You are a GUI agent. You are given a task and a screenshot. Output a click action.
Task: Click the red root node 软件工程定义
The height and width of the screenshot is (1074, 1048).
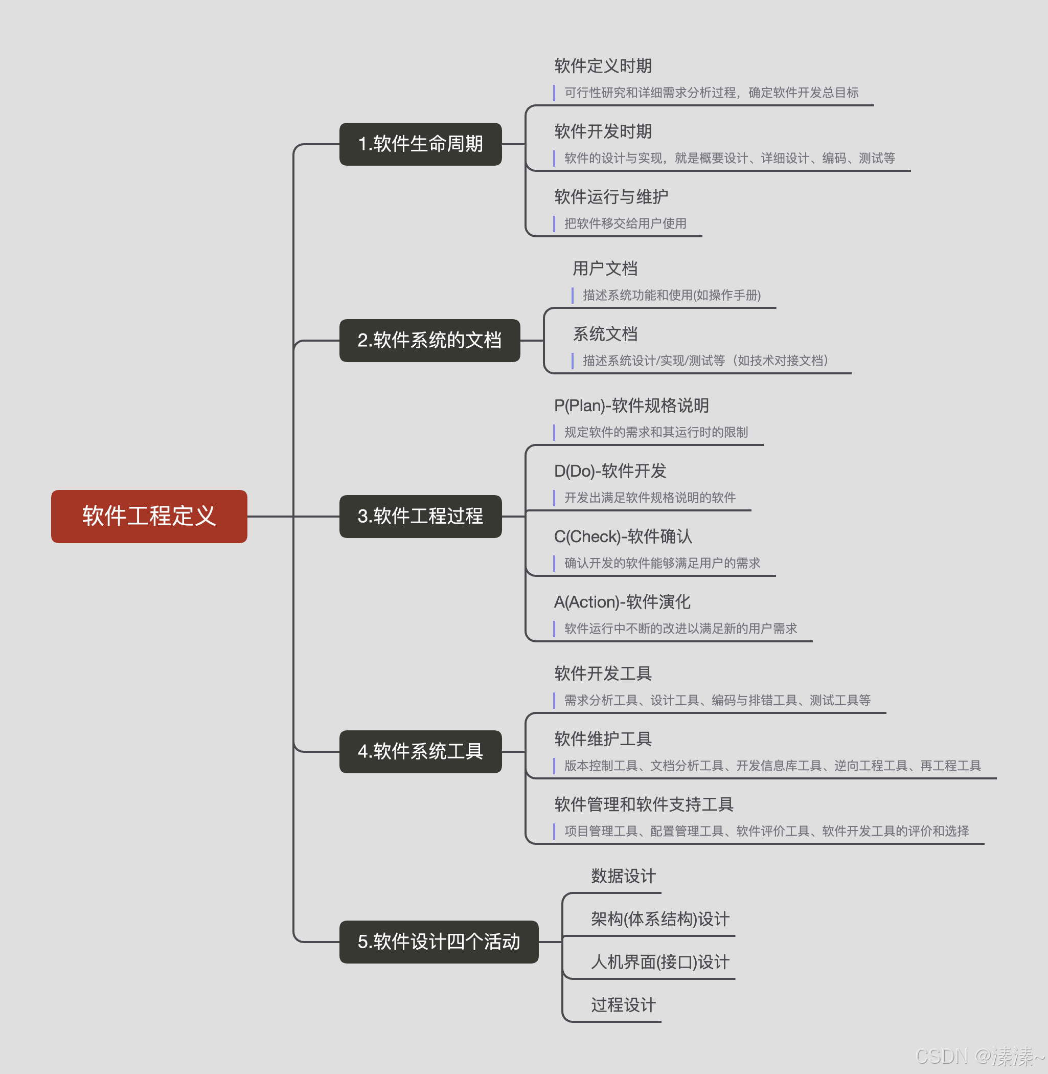149,516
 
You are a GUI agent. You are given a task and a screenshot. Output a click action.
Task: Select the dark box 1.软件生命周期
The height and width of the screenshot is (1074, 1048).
420,144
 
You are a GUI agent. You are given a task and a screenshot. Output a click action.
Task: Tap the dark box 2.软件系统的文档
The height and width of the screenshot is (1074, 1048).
429,341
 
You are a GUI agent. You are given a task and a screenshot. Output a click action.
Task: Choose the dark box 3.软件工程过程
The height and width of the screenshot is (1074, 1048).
420,516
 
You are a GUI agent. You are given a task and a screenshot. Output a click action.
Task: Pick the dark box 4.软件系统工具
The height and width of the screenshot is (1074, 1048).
420,751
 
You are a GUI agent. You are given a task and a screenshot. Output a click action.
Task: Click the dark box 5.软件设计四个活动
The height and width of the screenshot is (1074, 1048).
438,941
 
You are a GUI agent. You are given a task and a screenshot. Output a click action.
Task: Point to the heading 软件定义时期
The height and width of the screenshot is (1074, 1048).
603,66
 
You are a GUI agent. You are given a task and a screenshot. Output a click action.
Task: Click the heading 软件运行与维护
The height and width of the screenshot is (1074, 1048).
611,196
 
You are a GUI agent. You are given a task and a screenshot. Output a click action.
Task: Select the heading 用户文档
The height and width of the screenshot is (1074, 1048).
605,268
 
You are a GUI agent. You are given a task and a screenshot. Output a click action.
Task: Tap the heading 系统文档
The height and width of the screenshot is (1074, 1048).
605,334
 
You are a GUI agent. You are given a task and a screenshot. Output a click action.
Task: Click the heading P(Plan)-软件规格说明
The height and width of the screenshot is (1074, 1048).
631,406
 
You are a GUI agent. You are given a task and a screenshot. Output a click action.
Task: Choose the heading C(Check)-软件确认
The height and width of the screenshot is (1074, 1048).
623,536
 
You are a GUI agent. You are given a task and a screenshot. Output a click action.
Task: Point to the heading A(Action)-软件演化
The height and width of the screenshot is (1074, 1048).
622,602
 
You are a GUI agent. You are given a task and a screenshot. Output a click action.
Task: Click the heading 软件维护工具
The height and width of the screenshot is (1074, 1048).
603,739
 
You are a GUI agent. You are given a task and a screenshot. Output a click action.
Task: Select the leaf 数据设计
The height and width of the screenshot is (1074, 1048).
623,876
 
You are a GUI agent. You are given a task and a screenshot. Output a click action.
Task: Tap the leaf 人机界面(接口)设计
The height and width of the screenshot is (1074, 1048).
660,962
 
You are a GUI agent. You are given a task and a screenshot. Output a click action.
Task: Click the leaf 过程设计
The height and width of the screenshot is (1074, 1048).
623,1005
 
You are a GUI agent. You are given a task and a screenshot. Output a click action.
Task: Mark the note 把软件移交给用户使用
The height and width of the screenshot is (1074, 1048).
625,223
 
